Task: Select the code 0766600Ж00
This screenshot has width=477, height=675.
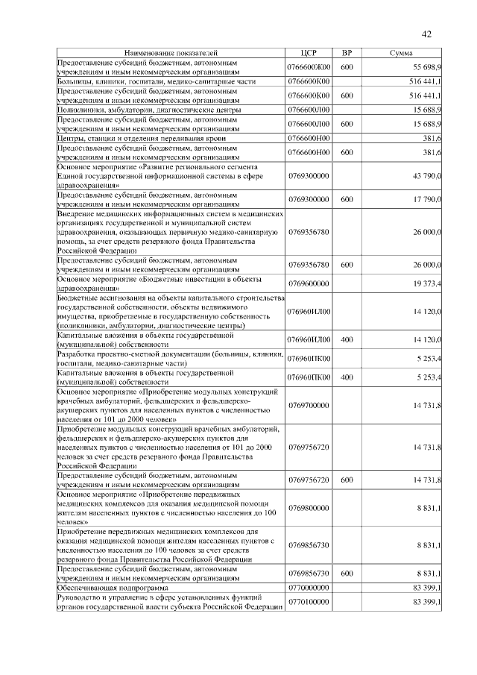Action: (x=309, y=67)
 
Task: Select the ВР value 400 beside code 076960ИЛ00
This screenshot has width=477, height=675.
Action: (x=347, y=340)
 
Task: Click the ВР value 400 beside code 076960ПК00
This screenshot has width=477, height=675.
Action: (x=347, y=377)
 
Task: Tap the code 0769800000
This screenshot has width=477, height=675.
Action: (x=309, y=507)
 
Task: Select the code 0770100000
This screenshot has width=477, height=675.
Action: (x=309, y=601)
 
